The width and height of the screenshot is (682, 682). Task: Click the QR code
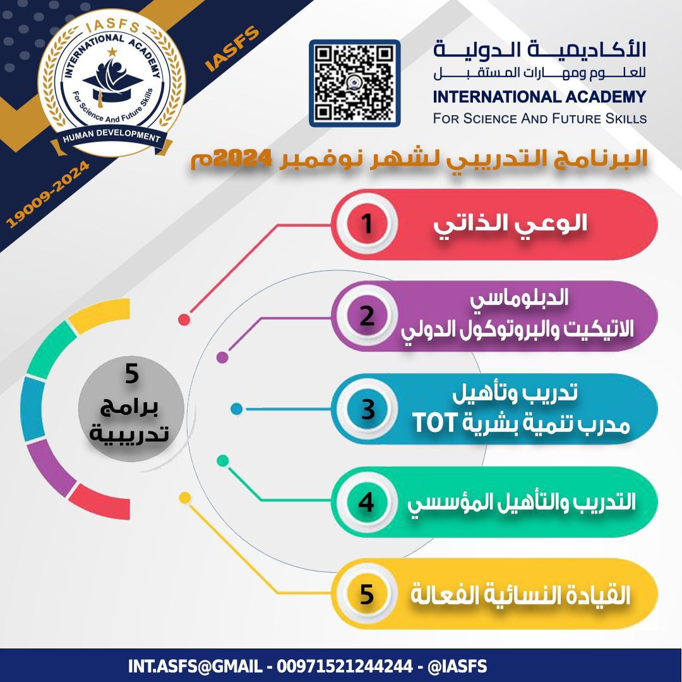[354, 83]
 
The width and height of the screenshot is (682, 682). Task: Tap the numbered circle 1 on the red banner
[367, 224]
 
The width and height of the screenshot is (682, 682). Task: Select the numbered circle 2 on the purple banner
[367, 316]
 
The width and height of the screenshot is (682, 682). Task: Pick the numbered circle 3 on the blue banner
[367, 409]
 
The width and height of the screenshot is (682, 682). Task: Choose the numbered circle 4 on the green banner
[367, 502]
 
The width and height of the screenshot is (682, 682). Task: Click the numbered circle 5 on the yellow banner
[367, 594]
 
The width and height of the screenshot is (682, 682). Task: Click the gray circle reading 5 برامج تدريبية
[131, 409]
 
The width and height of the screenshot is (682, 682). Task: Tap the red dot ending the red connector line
[184, 320]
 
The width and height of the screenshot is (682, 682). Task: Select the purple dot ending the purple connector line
[222, 357]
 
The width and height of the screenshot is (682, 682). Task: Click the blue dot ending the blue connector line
[236, 409]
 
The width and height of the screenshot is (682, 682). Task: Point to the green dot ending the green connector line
[223, 460]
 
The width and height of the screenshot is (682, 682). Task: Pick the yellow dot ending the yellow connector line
[185, 498]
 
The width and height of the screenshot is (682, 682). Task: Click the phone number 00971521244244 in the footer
[345, 666]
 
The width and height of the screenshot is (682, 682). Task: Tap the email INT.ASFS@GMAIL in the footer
[195, 666]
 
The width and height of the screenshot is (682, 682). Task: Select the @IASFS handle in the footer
[457, 666]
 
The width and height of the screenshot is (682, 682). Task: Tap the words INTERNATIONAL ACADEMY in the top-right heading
[539, 97]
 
